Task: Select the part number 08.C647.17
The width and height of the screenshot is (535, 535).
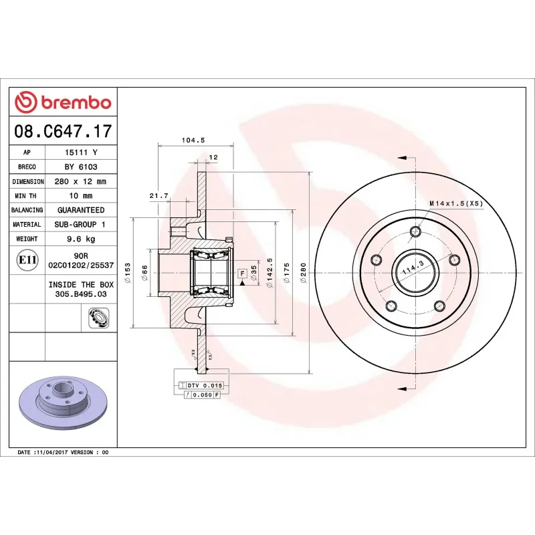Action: (x=63, y=131)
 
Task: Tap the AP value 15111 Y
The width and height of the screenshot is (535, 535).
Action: (x=80, y=152)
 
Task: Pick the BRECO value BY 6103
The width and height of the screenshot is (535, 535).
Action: (x=80, y=167)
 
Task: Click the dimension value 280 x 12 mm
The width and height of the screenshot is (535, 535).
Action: (x=80, y=181)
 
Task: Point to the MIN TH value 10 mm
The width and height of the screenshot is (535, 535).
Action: (x=80, y=196)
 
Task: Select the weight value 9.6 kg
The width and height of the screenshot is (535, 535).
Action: (x=80, y=239)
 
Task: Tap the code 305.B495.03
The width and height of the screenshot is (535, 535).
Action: (x=80, y=294)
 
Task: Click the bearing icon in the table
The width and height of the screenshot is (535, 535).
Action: (x=98, y=318)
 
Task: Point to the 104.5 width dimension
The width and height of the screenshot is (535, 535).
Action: (x=193, y=140)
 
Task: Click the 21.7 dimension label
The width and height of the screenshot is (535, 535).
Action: (x=158, y=195)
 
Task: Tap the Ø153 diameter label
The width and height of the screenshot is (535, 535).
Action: (x=127, y=270)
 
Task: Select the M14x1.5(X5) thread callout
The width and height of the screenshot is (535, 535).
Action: (x=455, y=203)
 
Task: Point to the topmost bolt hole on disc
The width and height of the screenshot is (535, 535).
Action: (x=416, y=232)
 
